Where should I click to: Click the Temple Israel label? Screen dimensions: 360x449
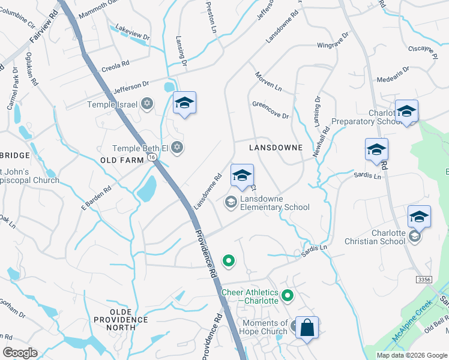pos(113,104)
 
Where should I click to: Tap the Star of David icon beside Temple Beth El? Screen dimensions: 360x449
pos(176,147)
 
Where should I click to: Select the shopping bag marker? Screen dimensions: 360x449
pos(307,328)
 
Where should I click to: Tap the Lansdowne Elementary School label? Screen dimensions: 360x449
pos(275,203)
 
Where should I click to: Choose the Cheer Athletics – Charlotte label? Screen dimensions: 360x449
pos(250,296)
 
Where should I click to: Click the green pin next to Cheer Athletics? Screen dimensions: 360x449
pos(288,295)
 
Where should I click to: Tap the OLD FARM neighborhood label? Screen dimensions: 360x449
pos(122,160)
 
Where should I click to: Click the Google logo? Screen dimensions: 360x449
pos(20,352)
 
